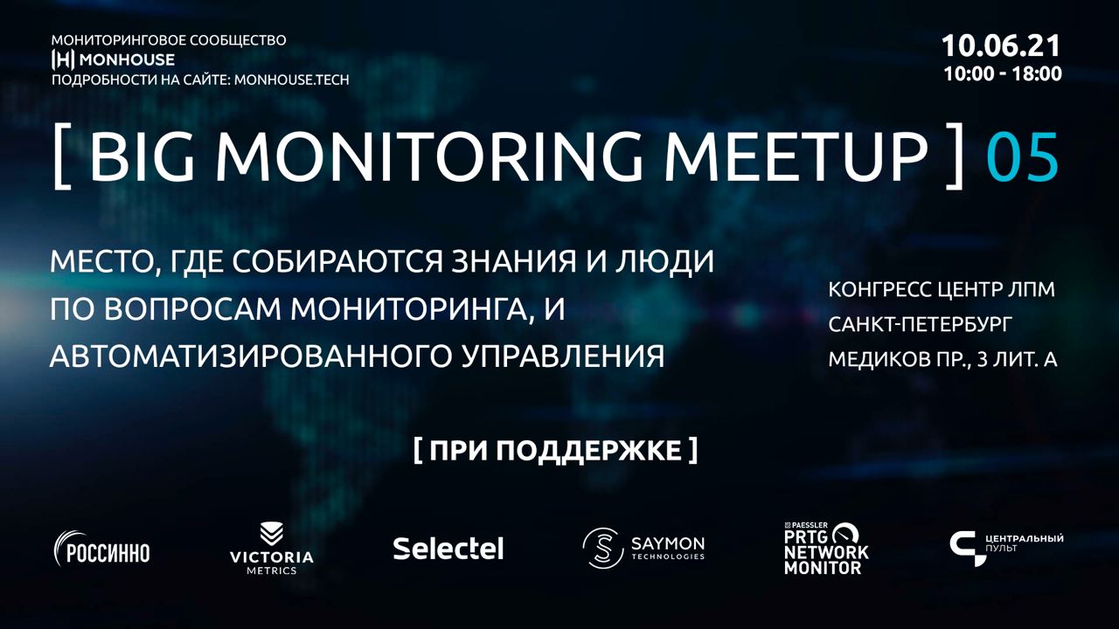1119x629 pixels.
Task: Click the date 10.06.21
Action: point(1001,46)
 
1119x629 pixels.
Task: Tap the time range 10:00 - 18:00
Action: point(1003,74)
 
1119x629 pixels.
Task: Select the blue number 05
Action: point(1022,156)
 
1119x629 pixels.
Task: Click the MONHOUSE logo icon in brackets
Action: point(64,59)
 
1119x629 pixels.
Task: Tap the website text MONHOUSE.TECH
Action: point(292,79)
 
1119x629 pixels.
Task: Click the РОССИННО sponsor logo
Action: point(102,549)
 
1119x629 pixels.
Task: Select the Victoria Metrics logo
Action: point(272,548)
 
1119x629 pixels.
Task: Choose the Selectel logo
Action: point(448,549)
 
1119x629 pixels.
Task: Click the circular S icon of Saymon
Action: point(603,548)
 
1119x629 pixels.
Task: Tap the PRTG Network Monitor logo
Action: point(826,548)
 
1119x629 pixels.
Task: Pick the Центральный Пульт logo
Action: point(1006,549)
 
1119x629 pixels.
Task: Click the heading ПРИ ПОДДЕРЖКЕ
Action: point(555,451)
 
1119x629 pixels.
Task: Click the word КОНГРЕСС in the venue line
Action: point(879,289)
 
